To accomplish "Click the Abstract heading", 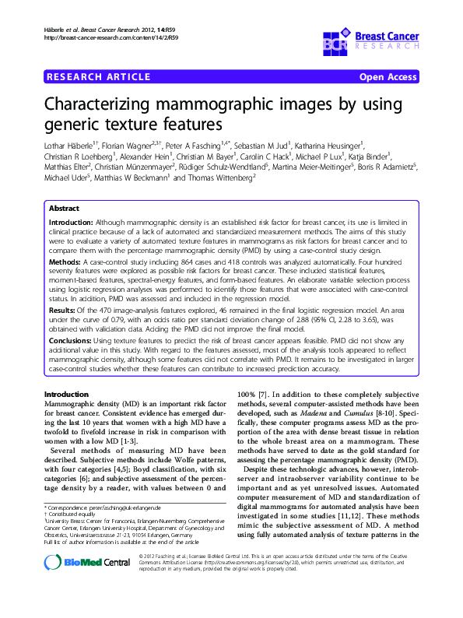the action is pos(64,209).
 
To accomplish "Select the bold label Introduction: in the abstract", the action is pos(75,223).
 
